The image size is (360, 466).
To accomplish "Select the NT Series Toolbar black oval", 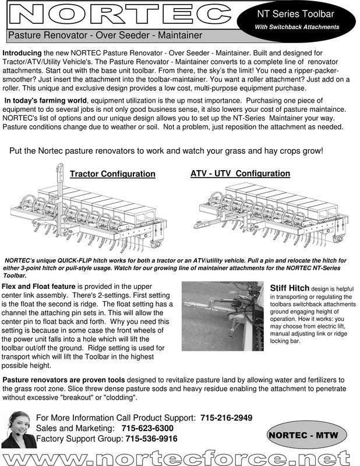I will [297, 19].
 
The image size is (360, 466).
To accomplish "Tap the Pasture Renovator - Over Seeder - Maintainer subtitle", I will [105, 36].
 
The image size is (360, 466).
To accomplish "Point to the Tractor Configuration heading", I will [112, 174].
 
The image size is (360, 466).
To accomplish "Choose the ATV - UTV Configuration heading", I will [240, 174].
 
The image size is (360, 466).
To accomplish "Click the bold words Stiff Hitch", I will [290, 288].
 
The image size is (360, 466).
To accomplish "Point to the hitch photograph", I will [223, 317].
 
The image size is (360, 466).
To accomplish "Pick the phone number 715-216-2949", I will [226, 418].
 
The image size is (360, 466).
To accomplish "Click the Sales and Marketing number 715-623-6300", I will [147, 428].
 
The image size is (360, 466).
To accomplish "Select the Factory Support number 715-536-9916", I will [151, 439].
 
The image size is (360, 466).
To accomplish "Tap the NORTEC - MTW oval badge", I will [306, 435].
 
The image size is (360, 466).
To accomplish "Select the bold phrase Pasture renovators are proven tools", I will [65, 380].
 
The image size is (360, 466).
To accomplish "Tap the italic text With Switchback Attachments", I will [297, 27].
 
